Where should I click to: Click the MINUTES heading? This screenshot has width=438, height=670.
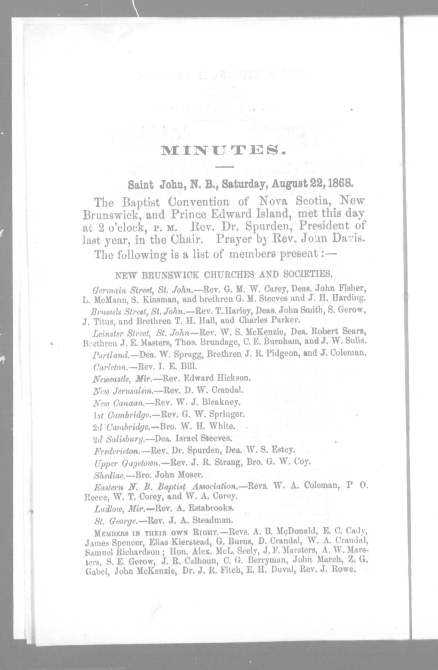coord(223,150)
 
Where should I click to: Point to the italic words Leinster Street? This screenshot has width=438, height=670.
coord(121,334)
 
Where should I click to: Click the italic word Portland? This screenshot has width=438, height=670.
coord(111,355)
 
